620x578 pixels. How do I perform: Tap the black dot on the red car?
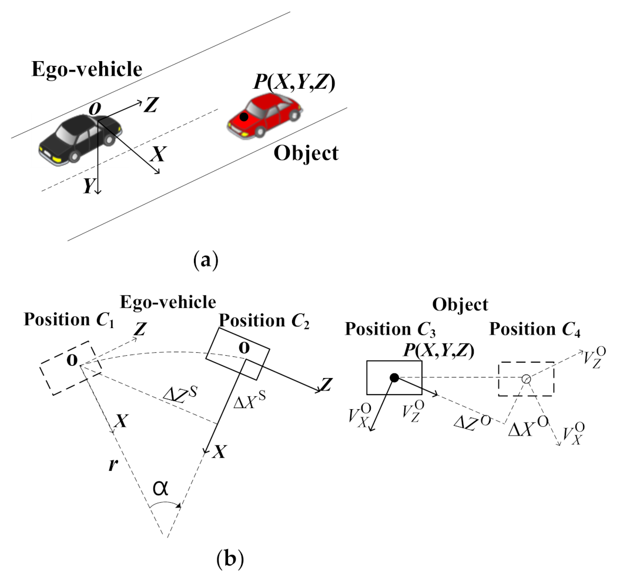(x=244, y=117)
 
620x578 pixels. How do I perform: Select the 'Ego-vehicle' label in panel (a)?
(x=87, y=69)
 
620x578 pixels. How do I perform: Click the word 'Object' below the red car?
(x=306, y=153)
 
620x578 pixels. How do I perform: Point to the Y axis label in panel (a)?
(x=89, y=186)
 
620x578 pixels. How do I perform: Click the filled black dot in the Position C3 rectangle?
(x=395, y=377)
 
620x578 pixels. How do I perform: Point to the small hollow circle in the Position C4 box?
(x=527, y=379)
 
